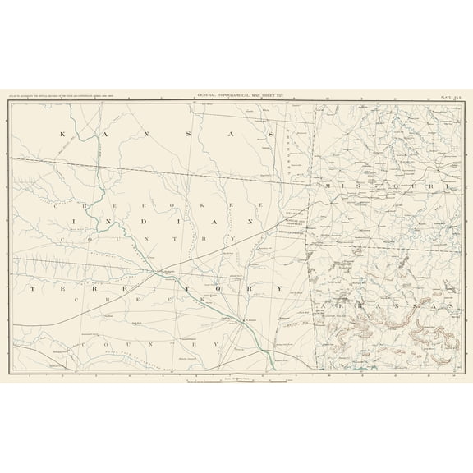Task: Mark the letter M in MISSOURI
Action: tap(329, 187)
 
